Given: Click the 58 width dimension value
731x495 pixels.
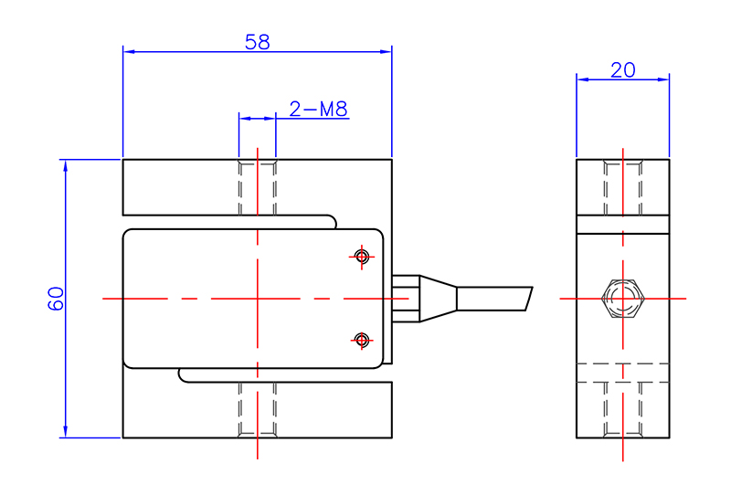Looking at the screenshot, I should [257, 42].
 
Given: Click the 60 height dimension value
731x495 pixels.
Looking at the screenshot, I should [56, 299].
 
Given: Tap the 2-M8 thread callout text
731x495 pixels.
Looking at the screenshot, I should [318, 110].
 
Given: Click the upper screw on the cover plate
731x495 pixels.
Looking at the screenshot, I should [362, 257].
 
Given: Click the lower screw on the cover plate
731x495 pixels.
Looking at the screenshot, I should [362, 340].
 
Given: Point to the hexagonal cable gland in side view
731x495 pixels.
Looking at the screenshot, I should [623, 299].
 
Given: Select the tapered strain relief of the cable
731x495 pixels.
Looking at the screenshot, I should [437, 299].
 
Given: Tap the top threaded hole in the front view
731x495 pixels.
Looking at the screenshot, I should [258, 187].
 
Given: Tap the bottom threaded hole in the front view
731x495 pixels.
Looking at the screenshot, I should [258, 410].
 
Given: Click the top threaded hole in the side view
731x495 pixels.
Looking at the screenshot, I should [623, 187].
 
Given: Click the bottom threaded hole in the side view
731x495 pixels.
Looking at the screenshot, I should [623, 410].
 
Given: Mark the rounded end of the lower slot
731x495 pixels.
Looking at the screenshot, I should [182, 375].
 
